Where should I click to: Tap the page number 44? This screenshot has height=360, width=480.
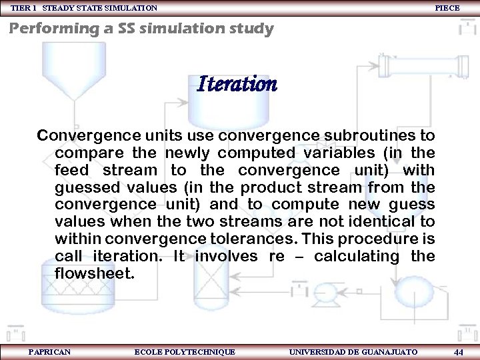coord(458,351)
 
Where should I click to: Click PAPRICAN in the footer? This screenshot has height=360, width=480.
coord(50,351)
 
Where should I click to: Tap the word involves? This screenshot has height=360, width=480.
coord(226,256)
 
